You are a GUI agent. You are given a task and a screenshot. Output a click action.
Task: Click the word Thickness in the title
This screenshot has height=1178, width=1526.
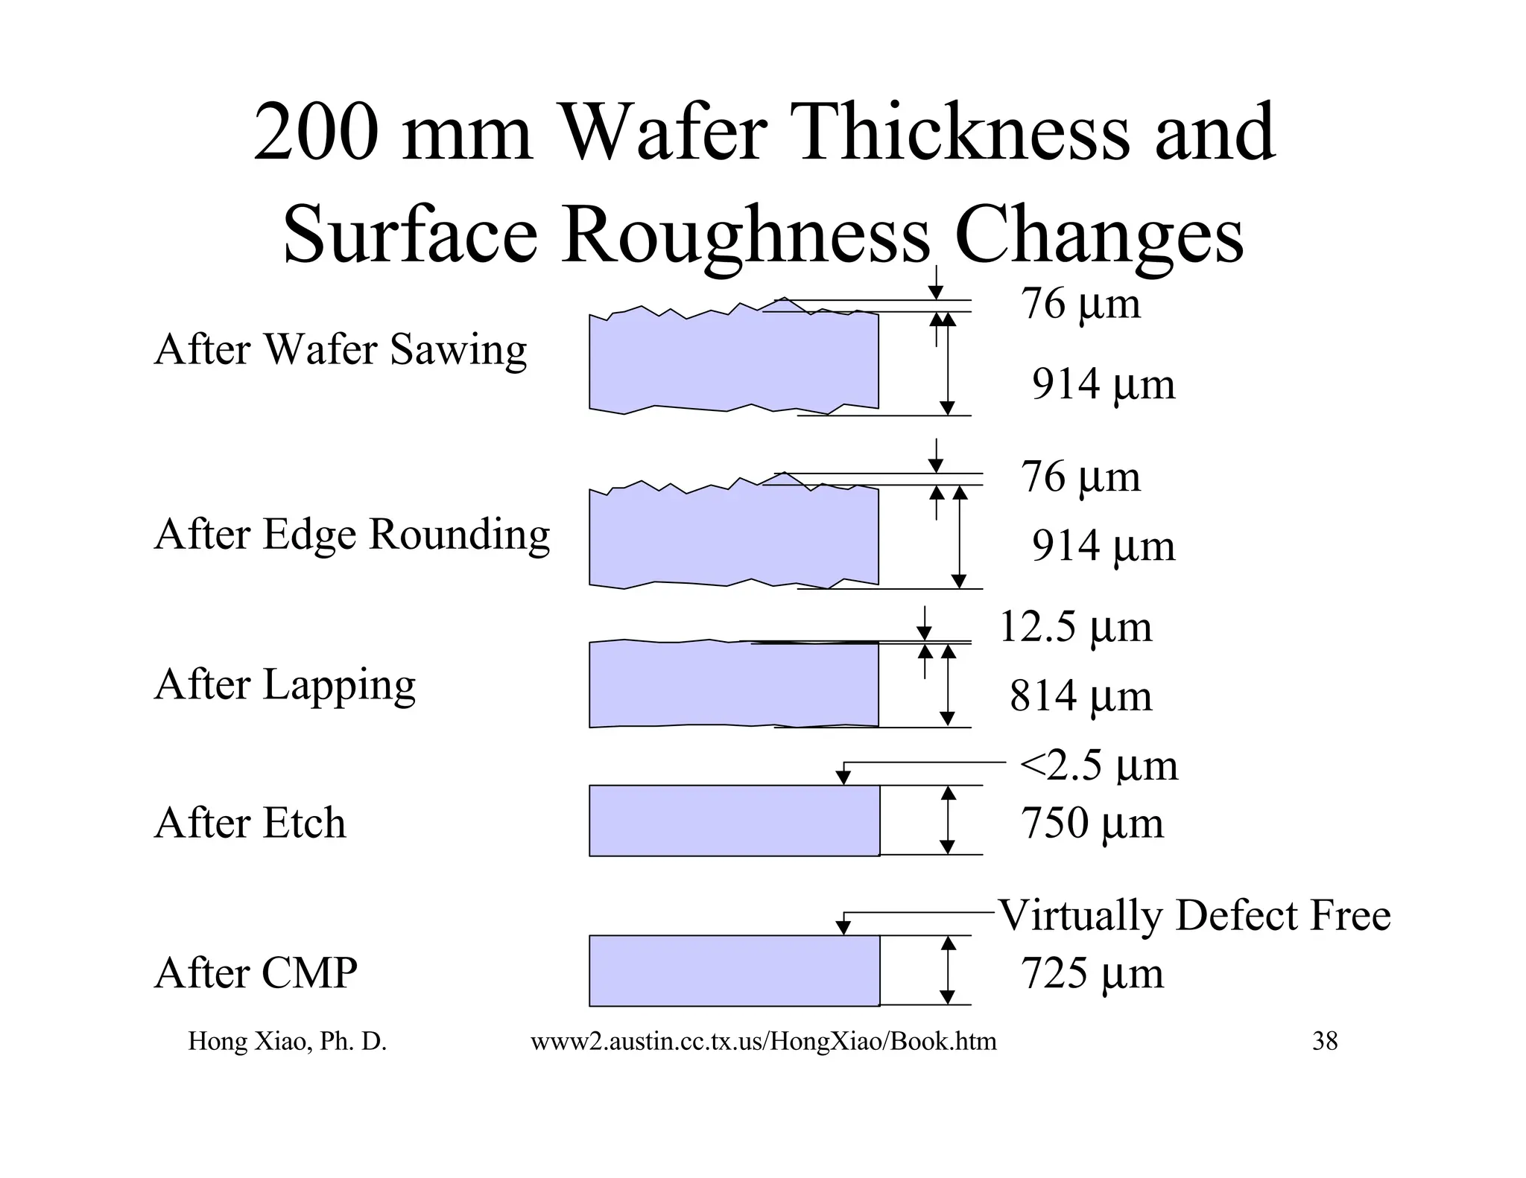pyautogui.click(x=961, y=133)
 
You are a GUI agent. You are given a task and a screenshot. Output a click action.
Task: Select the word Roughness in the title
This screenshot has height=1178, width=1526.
pyautogui.click(x=745, y=235)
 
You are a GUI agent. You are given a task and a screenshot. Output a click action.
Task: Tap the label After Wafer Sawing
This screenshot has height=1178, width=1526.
pyautogui.click(x=340, y=349)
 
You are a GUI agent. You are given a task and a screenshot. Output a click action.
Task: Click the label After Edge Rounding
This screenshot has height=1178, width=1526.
pyautogui.click(x=352, y=535)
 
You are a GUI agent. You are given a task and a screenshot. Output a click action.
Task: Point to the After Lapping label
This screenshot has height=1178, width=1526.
pyautogui.click(x=285, y=684)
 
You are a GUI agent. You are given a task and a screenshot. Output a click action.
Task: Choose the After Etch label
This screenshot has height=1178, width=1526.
pyautogui.click(x=250, y=823)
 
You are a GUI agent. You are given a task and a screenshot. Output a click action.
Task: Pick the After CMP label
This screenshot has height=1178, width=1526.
pyautogui.click(x=256, y=972)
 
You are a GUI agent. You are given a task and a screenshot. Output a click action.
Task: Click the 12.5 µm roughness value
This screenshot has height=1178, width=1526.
pyautogui.click(x=1074, y=627)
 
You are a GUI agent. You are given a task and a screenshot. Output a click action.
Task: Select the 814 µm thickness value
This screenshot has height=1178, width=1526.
pyautogui.click(x=1080, y=696)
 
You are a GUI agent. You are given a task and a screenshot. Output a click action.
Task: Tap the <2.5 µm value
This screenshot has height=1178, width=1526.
pyautogui.click(x=1098, y=765)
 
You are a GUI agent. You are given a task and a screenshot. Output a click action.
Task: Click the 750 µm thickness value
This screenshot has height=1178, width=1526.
pyautogui.click(x=1092, y=824)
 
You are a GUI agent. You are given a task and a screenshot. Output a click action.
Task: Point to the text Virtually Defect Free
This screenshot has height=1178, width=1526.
pyautogui.click(x=1194, y=915)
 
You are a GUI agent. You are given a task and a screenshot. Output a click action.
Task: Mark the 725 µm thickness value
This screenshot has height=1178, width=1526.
pyautogui.click(x=1092, y=973)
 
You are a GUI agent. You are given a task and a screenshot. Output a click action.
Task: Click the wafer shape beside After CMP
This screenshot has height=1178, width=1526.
pyautogui.click(x=734, y=970)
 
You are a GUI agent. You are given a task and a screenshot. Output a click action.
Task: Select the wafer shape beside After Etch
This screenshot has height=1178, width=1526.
pyautogui.click(x=734, y=820)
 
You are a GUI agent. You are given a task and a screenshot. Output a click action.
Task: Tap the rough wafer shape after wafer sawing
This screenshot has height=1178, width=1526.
pyautogui.click(x=734, y=361)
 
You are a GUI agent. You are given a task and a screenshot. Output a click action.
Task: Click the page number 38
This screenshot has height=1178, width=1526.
pyautogui.click(x=1325, y=1041)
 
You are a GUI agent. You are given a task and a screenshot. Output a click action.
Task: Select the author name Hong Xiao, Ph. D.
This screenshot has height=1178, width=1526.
pyautogui.click(x=287, y=1041)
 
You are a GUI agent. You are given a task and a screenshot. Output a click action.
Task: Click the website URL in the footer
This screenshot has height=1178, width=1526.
pyautogui.click(x=763, y=1041)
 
